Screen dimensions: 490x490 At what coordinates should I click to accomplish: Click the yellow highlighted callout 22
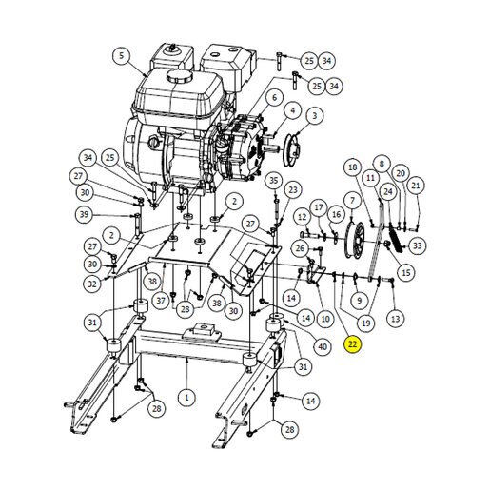coord(353,344)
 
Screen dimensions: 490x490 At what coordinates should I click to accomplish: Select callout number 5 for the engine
coord(122,56)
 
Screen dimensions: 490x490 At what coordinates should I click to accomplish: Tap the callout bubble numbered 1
coord(186,398)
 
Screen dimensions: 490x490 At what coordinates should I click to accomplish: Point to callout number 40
coord(323,346)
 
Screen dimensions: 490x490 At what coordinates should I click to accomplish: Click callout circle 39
coord(84,215)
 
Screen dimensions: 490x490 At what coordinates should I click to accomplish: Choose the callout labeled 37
coord(161,300)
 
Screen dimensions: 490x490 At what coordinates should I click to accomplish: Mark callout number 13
coord(396,319)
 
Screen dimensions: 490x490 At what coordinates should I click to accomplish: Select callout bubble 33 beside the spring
coord(418,245)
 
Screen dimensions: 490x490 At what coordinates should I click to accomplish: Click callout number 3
coord(314,115)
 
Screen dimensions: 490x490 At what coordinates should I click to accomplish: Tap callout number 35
coord(273,181)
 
